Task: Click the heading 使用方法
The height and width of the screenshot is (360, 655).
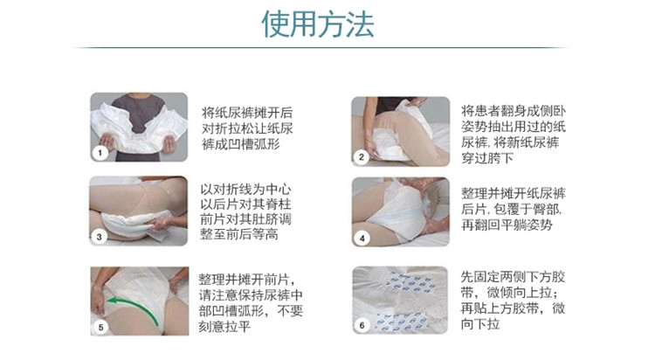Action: (318, 24)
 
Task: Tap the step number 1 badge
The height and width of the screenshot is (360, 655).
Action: (100, 153)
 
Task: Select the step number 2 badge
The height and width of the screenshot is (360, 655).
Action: (361, 157)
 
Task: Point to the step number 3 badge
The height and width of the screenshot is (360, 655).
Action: (99, 237)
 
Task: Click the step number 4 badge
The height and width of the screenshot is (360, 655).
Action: (362, 239)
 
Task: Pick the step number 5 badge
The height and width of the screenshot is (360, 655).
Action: (100, 327)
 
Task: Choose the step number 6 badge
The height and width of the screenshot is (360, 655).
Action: (362, 325)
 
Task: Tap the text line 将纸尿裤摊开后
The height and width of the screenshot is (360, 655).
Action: (247, 113)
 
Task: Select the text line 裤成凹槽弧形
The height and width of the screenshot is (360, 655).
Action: (241, 144)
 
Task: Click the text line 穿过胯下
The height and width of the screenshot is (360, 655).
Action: (487, 158)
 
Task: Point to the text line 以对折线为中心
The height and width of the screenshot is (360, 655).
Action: (245, 189)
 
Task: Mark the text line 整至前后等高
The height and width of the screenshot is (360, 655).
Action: (239, 234)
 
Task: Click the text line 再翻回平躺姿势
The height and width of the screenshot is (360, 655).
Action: (507, 225)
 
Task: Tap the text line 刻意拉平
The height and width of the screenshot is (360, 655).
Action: (224, 326)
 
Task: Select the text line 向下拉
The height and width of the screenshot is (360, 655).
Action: (480, 323)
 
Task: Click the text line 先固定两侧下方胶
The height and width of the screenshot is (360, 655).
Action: (513, 276)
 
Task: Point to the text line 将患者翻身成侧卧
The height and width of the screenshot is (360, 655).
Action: (514, 111)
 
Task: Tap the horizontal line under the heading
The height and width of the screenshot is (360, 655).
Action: (321, 48)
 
